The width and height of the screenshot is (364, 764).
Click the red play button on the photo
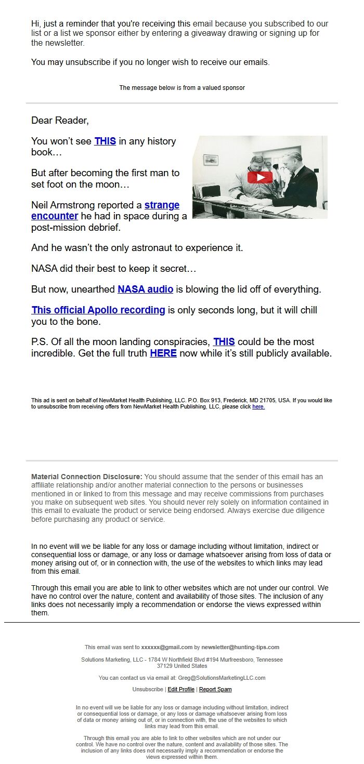pos(260,177)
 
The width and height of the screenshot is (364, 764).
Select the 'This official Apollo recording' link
pos(98,310)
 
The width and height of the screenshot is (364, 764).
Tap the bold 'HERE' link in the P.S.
pos(163,353)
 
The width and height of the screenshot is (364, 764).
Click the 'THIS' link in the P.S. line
pos(224,342)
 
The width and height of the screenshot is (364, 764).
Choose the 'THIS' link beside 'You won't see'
pos(105,141)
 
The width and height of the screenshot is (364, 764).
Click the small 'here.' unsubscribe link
pos(258,407)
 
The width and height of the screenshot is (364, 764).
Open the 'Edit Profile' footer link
pos(181,689)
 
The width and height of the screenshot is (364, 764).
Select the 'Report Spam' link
pos(215,689)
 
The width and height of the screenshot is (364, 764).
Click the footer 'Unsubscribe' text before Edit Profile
pos(148,689)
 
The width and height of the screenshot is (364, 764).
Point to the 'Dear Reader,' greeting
pos(60,121)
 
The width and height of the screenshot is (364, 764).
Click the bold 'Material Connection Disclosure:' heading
pos(86,477)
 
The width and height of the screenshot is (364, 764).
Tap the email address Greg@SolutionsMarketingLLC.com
pos(222,678)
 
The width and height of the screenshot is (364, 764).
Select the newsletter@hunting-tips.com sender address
pos(240,647)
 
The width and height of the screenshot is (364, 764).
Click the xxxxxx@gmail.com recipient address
pos(167,647)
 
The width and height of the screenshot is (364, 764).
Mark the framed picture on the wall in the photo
pos(211,159)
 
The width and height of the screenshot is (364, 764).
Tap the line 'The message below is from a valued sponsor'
pos(182,88)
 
